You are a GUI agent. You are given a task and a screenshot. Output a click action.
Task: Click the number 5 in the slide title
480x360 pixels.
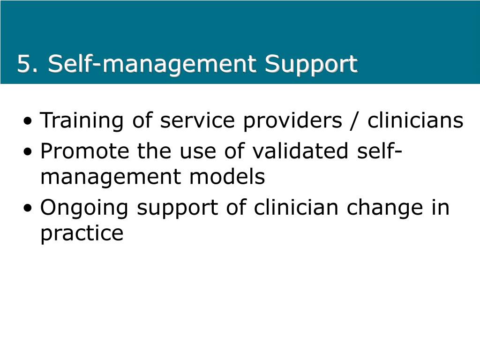[x=24, y=64]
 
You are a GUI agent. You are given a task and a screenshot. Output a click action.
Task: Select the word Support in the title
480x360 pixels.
[x=311, y=65]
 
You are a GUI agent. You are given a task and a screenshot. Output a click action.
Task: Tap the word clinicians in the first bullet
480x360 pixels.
[x=415, y=121]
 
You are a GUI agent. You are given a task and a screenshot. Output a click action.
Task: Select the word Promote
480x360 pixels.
[x=85, y=151]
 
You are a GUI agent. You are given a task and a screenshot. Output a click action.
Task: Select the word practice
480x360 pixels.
[x=82, y=233]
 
